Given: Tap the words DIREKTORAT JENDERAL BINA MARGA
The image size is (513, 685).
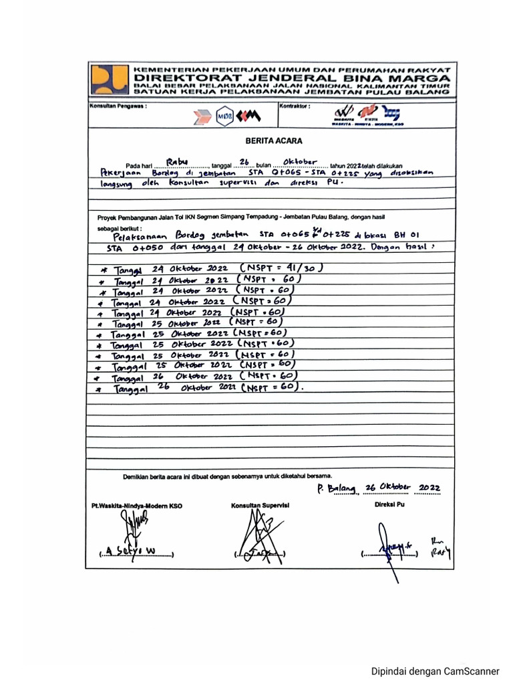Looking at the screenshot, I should pyautogui.click(x=291, y=78).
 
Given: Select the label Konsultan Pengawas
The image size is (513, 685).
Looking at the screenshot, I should pyautogui.click(x=117, y=106).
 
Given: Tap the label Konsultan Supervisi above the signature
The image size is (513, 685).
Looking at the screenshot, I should pyautogui.click(x=260, y=506).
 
